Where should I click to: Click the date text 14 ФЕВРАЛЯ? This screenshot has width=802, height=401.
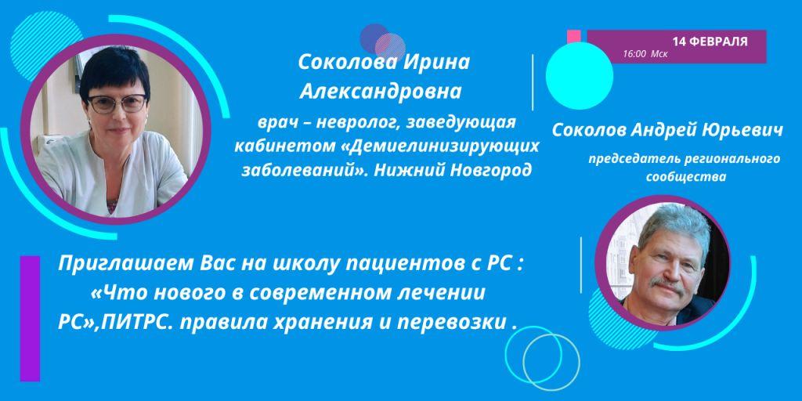point(709,41)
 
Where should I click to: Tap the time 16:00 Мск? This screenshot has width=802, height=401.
point(645,56)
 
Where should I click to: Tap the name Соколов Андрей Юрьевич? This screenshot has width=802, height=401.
point(667,130)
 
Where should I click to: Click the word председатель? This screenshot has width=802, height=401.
point(631,160)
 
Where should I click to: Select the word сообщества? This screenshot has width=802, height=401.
point(686,177)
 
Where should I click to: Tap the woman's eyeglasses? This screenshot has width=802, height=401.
point(116,103)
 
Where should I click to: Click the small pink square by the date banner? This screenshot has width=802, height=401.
point(573,35)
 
